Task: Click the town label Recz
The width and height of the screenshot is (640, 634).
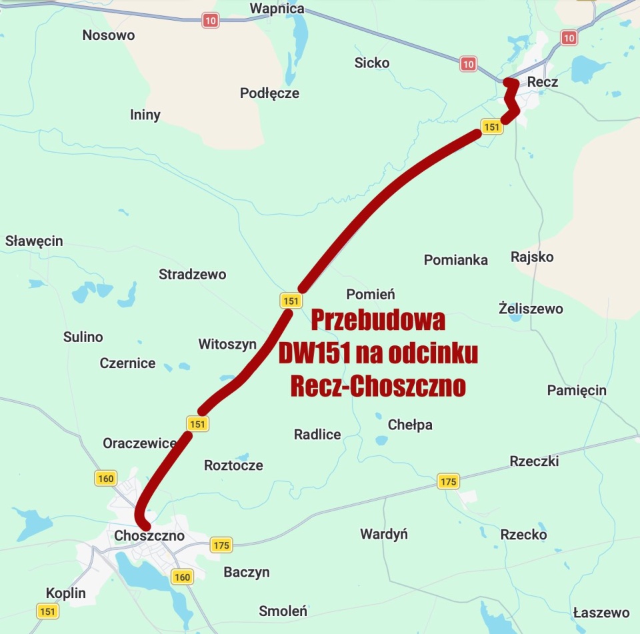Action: [542, 82]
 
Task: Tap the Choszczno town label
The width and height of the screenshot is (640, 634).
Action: [149, 535]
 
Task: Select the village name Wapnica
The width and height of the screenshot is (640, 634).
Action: [277, 9]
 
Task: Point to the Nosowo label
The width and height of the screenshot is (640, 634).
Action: [108, 35]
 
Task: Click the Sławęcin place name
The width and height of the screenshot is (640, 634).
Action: [34, 241]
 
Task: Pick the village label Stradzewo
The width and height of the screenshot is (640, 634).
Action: [192, 274]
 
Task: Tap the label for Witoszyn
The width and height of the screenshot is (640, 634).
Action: [227, 344]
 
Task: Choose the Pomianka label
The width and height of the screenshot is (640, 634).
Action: [456, 259]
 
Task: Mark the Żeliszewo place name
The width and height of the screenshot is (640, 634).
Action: [531, 308]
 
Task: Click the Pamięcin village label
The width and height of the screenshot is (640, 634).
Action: [577, 390]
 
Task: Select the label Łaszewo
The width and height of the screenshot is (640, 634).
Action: [601, 613]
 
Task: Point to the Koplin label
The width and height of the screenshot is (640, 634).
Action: [66, 593]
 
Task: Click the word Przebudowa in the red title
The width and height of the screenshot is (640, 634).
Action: [378, 321]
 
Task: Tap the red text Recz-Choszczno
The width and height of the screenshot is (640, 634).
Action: [378, 386]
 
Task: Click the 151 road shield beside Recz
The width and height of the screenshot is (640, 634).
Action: [491, 127]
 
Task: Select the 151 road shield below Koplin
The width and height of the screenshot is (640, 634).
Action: [47, 611]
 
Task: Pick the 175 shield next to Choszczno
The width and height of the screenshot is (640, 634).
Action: [221, 545]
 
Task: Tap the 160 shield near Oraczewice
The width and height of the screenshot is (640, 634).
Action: [106, 478]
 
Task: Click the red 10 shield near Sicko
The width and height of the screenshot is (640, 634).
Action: [468, 64]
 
